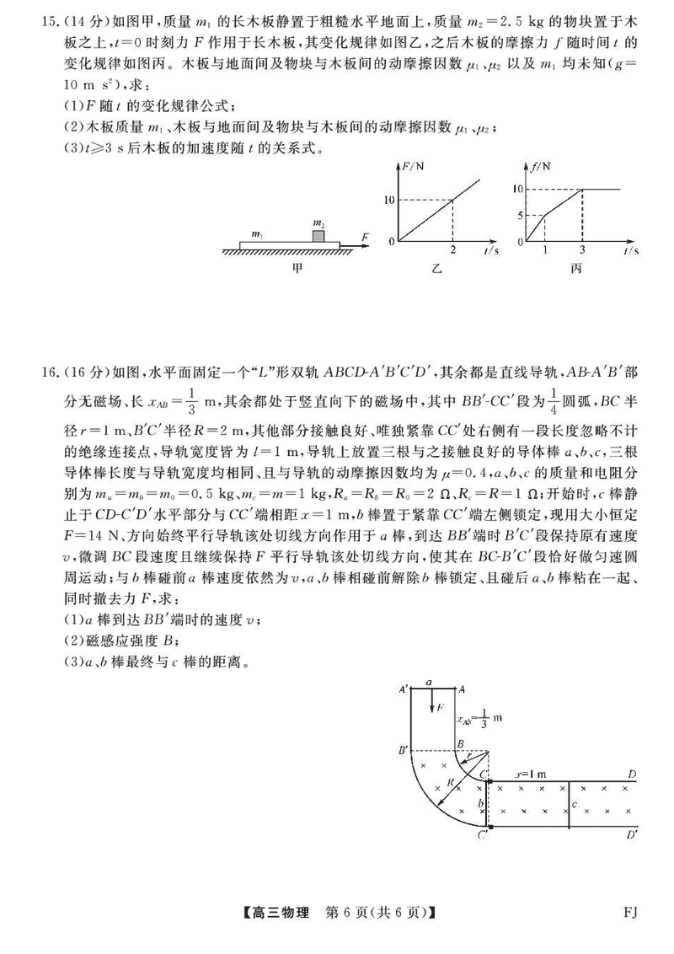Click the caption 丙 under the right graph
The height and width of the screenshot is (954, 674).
pyautogui.click(x=576, y=268)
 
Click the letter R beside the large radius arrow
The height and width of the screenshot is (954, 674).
pyautogui.click(x=450, y=783)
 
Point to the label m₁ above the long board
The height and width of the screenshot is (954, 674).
pyautogui.click(x=258, y=230)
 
